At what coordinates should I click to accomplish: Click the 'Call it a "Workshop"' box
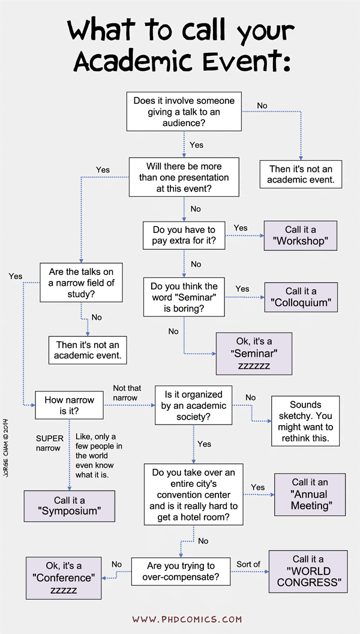click(x=301, y=235)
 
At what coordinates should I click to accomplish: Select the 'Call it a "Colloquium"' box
click(x=301, y=297)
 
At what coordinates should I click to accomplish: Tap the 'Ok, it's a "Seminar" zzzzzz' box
click(x=254, y=354)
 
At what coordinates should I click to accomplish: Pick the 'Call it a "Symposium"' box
click(x=70, y=505)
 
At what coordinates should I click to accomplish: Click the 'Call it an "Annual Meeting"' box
click(x=310, y=494)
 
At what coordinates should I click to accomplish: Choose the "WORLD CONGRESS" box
click(x=308, y=571)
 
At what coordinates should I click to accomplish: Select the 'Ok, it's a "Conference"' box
click(x=64, y=578)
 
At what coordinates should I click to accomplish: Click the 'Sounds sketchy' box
click(x=305, y=421)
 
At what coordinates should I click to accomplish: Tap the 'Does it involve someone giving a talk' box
click(x=184, y=111)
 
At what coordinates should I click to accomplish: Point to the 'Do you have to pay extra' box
click(x=184, y=235)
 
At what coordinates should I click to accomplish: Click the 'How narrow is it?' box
click(x=69, y=405)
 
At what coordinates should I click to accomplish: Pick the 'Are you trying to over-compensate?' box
click(x=181, y=571)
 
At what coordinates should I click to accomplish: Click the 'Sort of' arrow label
click(x=251, y=564)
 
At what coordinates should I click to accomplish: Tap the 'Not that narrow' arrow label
click(x=127, y=393)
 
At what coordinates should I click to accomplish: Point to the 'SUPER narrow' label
click(x=49, y=442)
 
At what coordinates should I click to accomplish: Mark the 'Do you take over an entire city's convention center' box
click(x=194, y=494)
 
